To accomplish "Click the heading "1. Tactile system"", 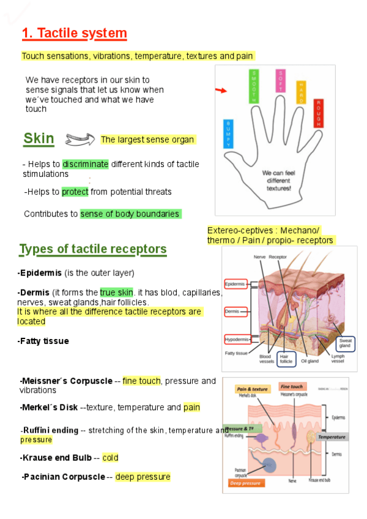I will click(x=74, y=34).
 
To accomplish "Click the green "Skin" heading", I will click(x=39, y=139).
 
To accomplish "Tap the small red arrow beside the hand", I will click(x=220, y=91).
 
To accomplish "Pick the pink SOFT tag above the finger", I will click(x=280, y=81).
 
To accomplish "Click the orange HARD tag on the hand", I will click(x=301, y=91).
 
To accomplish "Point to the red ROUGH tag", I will click(x=318, y=113).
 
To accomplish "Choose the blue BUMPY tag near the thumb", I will click(x=229, y=135).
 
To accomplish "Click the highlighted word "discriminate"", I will click(x=85, y=164).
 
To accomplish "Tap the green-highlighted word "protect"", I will click(x=75, y=192).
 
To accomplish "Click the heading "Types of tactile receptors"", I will click(x=93, y=249).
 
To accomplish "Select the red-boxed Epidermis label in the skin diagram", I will click(x=235, y=285).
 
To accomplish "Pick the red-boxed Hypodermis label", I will click(x=237, y=339).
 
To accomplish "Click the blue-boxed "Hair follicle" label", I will click(x=286, y=358).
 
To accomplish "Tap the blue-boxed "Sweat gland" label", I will click(x=346, y=343).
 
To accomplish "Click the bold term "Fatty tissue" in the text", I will click(x=43, y=341).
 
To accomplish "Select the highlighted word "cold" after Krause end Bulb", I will click(x=110, y=457).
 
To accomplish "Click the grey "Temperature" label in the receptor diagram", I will click(x=332, y=437).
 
